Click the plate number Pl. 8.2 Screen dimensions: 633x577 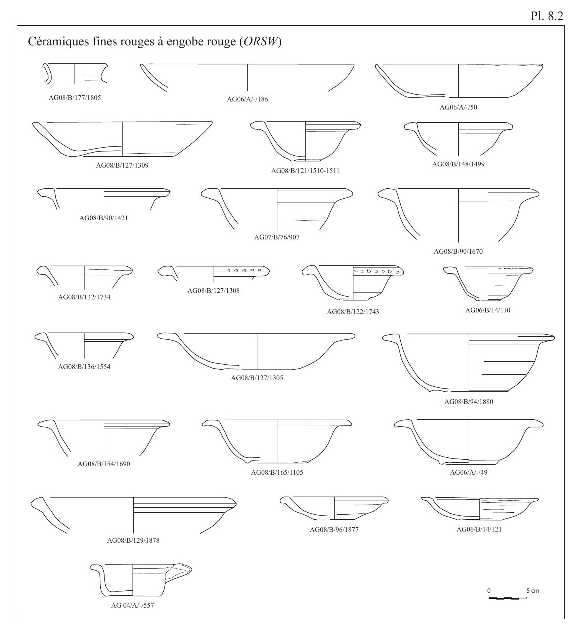click(x=551, y=17)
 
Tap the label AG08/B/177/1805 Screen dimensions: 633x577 click(x=73, y=98)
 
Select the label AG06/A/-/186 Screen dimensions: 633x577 click(x=247, y=99)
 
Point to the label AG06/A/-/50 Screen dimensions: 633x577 click(x=458, y=107)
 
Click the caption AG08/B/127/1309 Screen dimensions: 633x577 click(x=122, y=166)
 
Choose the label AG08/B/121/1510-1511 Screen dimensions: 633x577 click(x=305, y=171)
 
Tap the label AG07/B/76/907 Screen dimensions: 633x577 click(x=277, y=237)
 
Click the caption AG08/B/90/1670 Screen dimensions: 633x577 click(x=458, y=252)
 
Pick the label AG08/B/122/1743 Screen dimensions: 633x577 click(x=353, y=312)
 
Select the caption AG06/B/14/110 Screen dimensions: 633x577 click(x=488, y=310)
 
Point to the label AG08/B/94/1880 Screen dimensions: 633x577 click(x=468, y=402)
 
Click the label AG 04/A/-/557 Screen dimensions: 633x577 click(x=133, y=606)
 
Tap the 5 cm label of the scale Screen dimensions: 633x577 click(x=532, y=590)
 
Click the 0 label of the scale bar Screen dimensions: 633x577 click(x=489, y=590)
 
